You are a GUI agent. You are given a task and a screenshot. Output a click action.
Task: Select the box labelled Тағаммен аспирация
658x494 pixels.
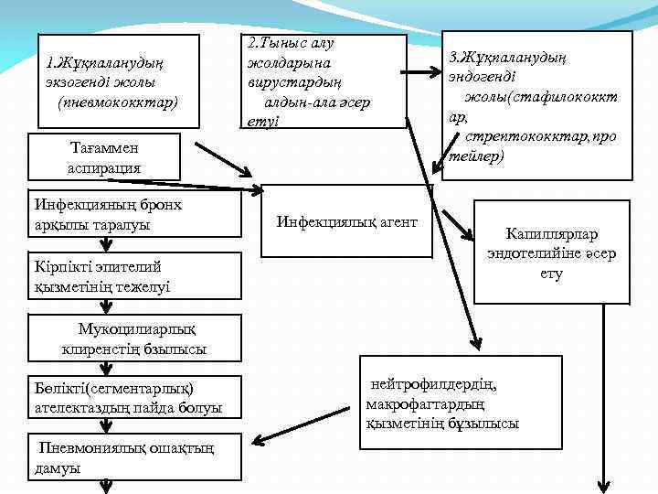pyautogui.click(x=103, y=156)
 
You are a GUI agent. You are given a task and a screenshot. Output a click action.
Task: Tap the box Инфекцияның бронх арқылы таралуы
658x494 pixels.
pyautogui.click(x=105, y=214)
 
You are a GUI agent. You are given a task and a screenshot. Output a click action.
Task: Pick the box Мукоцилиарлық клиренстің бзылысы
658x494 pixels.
pyautogui.click(x=133, y=338)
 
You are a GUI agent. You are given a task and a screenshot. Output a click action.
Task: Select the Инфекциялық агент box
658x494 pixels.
pyautogui.click(x=346, y=221)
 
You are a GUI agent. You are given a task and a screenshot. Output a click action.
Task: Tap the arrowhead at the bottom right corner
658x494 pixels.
pyautogui.click(x=604, y=484)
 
